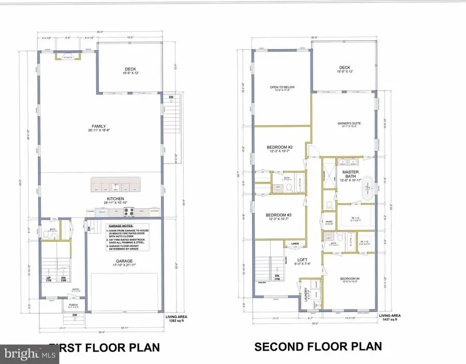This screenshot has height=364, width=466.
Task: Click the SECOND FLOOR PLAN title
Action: click(x=318, y=346)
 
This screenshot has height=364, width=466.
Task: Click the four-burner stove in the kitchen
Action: click(x=128, y=211)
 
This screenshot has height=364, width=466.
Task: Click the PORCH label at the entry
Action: click(x=74, y=305)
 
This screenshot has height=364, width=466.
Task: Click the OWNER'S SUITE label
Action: click(x=348, y=123)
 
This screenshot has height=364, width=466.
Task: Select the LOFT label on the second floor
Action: click(x=302, y=260)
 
